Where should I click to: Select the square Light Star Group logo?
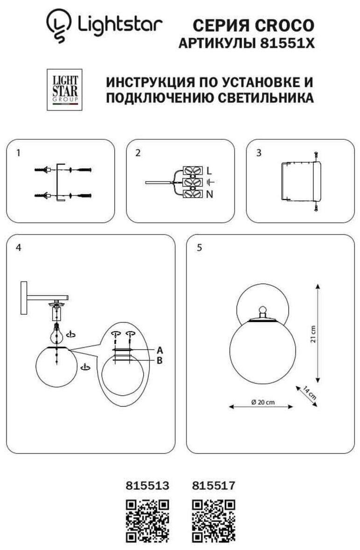(64, 89)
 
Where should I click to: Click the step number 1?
(18, 153)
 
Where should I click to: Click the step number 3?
(259, 153)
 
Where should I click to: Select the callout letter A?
(159, 350)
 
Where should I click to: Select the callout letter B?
(159, 360)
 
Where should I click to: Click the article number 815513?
(147, 485)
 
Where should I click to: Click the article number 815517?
(213, 485)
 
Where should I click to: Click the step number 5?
(200, 248)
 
